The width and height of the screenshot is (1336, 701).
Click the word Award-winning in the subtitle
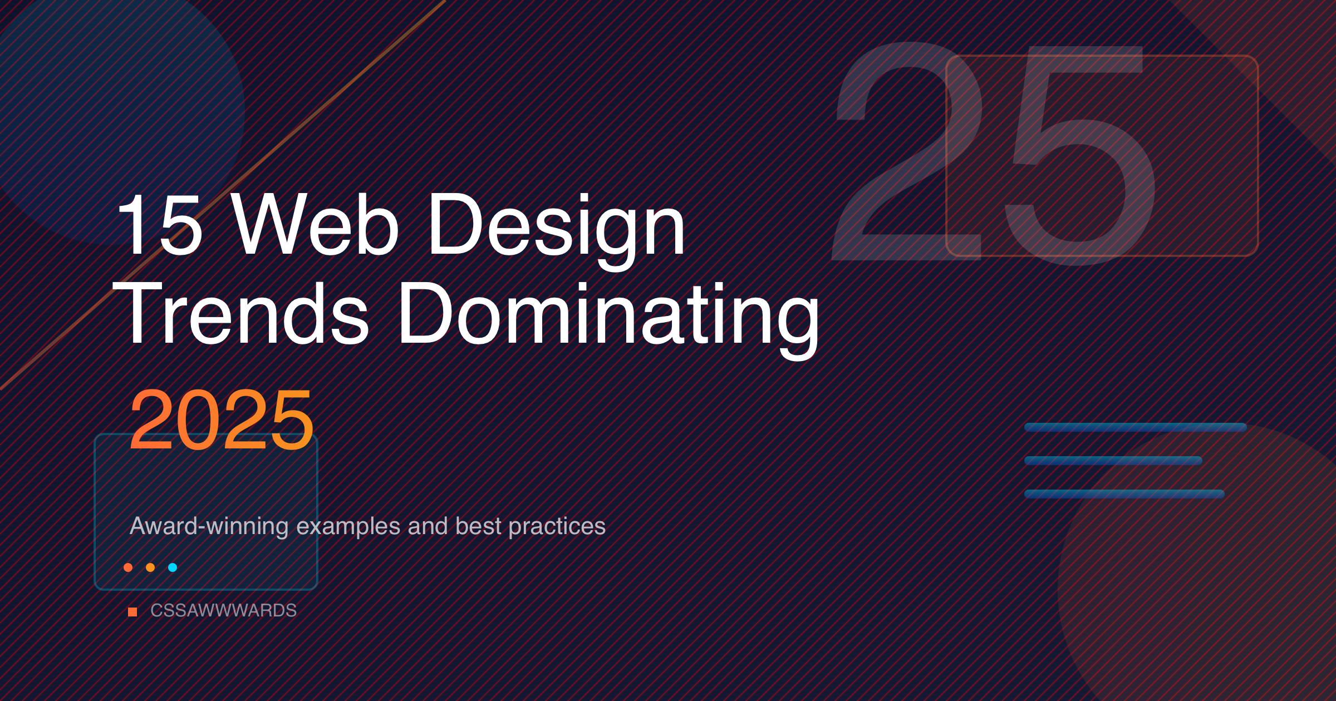click(x=209, y=527)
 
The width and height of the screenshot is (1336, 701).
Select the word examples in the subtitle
click(x=348, y=527)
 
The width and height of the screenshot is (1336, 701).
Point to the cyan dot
click(x=173, y=567)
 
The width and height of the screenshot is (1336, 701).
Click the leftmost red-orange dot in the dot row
click(x=128, y=567)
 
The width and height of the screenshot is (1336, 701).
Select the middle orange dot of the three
click(x=150, y=567)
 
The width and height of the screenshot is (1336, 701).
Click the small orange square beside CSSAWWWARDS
click(x=132, y=612)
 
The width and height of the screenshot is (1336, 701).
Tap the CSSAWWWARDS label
click(x=224, y=610)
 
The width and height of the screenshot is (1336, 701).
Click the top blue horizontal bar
click(x=1136, y=427)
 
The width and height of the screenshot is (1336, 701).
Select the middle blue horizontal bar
click(x=1113, y=461)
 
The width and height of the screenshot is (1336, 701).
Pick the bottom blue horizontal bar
click(x=1124, y=494)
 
